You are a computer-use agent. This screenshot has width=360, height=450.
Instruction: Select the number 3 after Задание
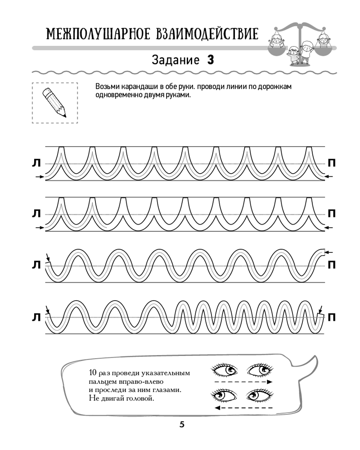pyautogui.click(x=210, y=60)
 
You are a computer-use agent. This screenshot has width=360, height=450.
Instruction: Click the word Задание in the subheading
pyautogui.click(x=175, y=60)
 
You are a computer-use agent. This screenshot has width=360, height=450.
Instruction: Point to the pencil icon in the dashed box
pyautogui.click(x=54, y=103)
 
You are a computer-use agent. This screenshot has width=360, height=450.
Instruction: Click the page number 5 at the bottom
pyautogui.click(x=182, y=425)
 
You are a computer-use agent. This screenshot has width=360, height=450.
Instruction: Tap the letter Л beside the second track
pyautogui.click(x=36, y=214)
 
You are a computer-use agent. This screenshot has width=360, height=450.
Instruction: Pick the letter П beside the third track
pyautogui.click(x=332, y=264)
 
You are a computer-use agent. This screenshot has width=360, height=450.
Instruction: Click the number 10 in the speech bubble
pyautogui.click(x=93, y=373)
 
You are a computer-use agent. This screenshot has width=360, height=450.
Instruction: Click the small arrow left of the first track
pyautogui.click(x=40, y=177)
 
